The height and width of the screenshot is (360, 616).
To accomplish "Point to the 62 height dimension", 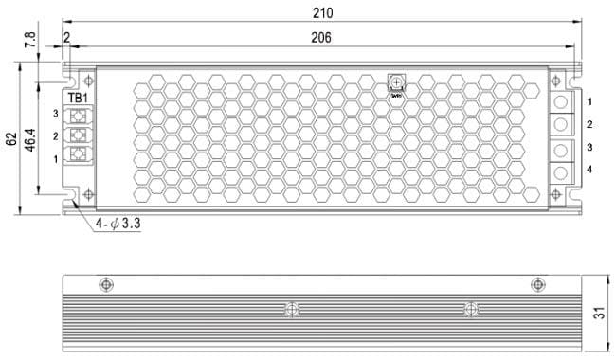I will tap(11, 137).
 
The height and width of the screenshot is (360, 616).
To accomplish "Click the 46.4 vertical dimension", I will tap(30, 137).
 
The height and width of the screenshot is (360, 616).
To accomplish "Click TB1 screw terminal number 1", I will tap(79, 157).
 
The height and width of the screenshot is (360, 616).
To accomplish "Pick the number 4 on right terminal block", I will tap(589, 170).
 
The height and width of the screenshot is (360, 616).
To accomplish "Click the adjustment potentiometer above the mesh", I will tap(396, 83).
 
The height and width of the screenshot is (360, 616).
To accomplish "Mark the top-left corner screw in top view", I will tap(89, 80).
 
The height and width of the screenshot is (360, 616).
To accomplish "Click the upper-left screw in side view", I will tap(105, 285).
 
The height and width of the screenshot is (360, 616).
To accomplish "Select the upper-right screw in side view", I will tap(537, 284).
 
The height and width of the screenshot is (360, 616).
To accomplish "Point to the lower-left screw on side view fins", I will tap(292, 309).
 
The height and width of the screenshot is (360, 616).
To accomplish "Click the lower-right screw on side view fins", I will tap(469, 309).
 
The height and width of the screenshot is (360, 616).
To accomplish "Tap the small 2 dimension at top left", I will tap(67, 37).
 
